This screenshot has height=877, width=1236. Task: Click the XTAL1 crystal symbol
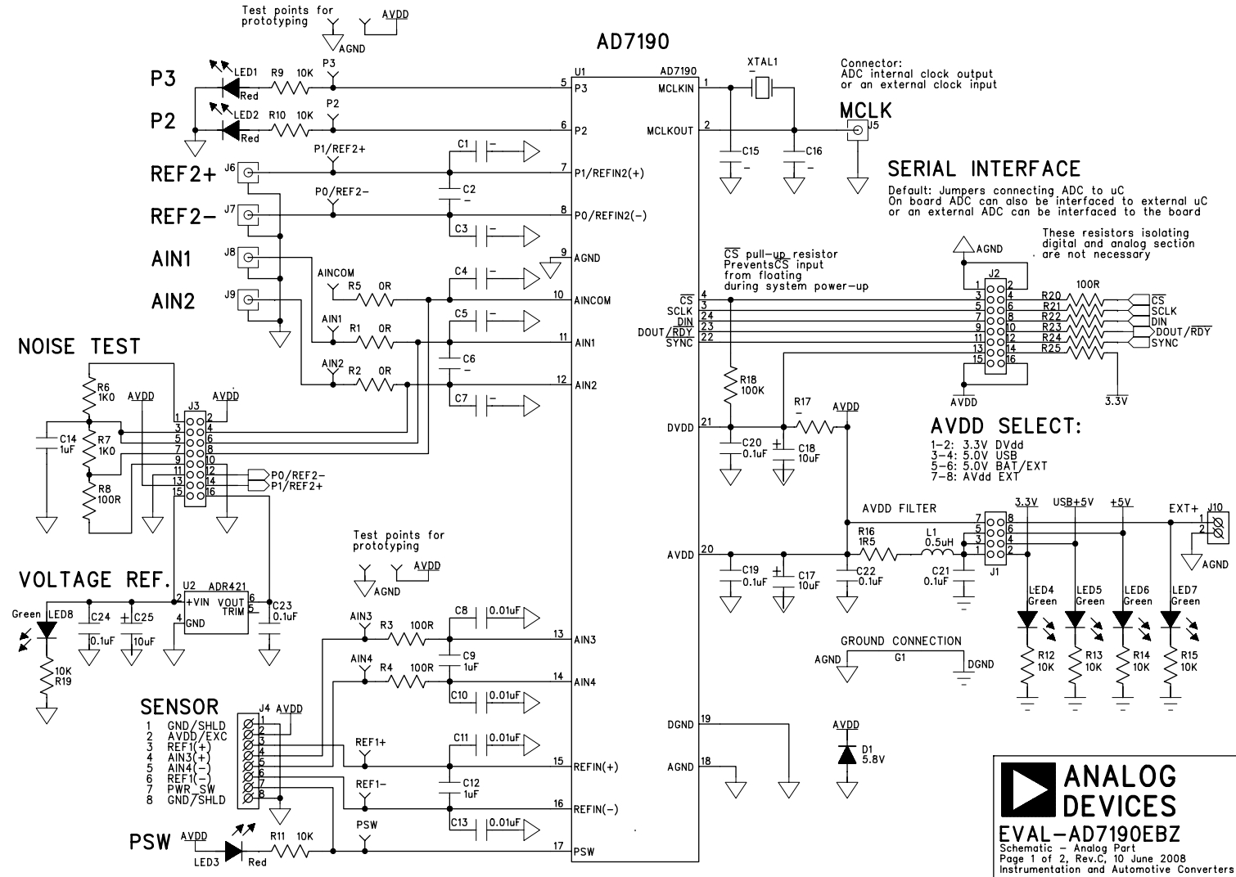[x=762, y=88]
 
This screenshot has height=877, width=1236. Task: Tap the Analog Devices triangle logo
[x=1028, y=789]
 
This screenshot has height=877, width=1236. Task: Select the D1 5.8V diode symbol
[x=846, y=755]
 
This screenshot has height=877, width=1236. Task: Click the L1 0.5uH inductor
[x=938, y=554]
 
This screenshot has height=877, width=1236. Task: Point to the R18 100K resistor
[x=731, y=385]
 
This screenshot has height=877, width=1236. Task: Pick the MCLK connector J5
[x=858, y=131]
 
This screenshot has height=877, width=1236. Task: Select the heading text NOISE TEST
[x=79, y=346]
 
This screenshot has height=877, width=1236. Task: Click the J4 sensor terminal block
[x=248, y=761]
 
